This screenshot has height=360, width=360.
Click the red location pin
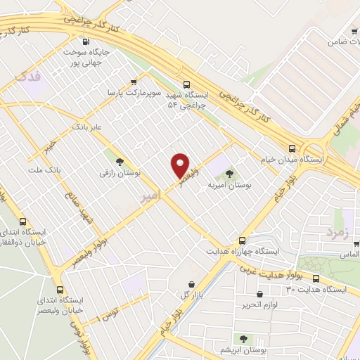(x=180, y=165)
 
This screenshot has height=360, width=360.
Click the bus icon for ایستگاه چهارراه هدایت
(x=243, y=239)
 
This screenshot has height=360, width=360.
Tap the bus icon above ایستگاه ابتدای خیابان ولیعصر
(x=60, y=289)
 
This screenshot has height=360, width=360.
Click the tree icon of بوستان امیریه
(x=230, y=173)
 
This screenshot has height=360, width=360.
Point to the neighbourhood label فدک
(x=34, y=74)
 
